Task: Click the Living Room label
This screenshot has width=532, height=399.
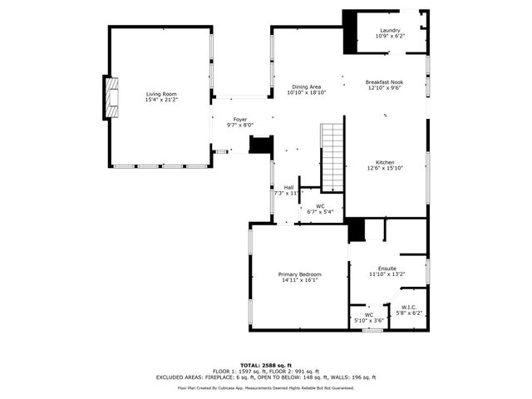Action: tap(161, 94)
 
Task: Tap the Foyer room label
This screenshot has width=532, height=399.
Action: tap(239, 119)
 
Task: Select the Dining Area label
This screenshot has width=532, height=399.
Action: tap(306, 86)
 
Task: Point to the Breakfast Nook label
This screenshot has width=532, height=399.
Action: tap(383, 81)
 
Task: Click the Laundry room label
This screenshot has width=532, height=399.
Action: tap(389, 30)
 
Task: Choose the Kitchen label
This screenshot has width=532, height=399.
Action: tap(384, 162)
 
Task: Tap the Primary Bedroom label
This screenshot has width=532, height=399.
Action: tap(299, 274)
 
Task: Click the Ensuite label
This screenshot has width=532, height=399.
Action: tap(387, 268)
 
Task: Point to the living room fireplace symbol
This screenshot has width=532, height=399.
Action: tap(109, 99)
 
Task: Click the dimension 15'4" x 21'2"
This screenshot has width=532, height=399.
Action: tap(161, 100)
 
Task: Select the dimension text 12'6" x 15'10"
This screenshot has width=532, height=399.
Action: tap(384, 168)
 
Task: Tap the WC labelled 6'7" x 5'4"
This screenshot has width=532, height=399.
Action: tap(320, 209)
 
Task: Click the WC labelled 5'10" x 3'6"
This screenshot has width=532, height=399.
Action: tap(369, 318)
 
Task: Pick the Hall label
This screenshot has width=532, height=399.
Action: tap(288, 187)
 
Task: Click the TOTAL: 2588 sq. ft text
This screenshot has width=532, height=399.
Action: tap(265, 365)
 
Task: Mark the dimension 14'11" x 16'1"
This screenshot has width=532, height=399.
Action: tap(299, 280)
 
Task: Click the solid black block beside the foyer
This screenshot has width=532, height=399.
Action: tap(261, 145)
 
